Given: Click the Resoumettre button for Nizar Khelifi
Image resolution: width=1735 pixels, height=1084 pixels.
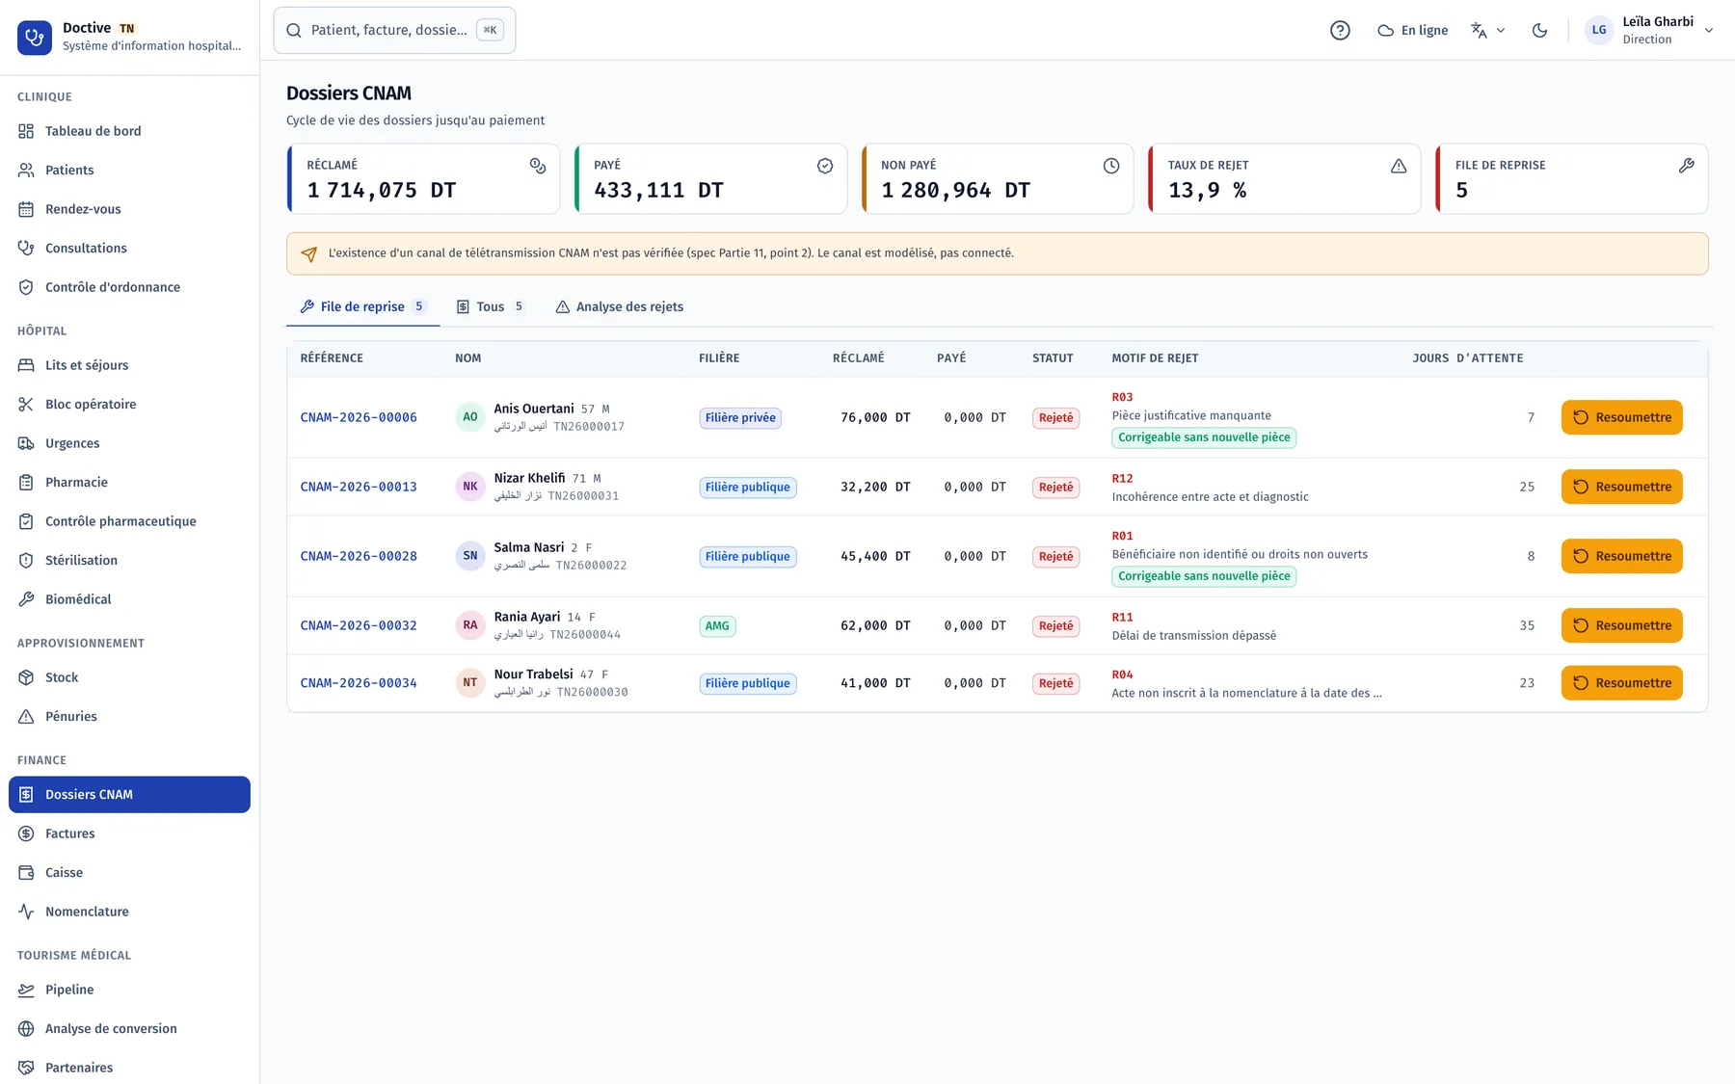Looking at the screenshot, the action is pyautogui.click(x=1621, y=487).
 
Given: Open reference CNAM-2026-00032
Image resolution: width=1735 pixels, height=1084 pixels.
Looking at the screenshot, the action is pyautogui.click(x=359, y=625).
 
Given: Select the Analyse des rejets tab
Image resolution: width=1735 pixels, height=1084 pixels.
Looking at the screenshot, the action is pyautogui.click(x=619, y=306).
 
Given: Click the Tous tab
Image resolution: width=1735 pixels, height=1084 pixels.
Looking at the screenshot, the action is pyautogui.click(x=490, y=306).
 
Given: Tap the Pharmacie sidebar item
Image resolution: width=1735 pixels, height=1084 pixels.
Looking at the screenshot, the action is pyautogui.click(x=76, y=482).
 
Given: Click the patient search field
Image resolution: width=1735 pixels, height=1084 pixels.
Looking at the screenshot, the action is pyautogui.click(x=394, y=30).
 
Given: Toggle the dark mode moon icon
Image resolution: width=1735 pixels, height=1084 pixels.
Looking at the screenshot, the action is pyautogui.click(x=1539, y=30).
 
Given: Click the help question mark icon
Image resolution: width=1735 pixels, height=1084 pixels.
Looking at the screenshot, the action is pyautogui.click(x=1340, y=30).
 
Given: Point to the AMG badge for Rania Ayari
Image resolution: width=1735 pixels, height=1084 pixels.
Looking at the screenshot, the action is pyautogui.click(x=717, y=625).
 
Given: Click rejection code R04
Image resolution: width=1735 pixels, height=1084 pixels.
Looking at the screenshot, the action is pyautogui.click(x=1122, y=674).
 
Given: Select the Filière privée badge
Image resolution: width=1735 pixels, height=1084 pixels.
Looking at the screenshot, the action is pyautogui.click(x=740, y=417).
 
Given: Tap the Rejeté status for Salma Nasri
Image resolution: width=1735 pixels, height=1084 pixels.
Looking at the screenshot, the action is pyautogui.click(x=1055, y=556).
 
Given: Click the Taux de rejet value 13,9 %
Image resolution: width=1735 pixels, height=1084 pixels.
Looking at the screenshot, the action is pyautogui.click(x=1207, y=191).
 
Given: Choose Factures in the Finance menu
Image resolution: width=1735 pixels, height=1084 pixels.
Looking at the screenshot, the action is pyautogui.click(x=69, y=833).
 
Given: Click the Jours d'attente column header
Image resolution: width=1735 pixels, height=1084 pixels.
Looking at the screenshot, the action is pyautogui.click(x=1468, y=357).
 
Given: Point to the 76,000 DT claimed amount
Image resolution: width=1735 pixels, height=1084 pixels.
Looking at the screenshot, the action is pyautogui.click(x=875, y=417).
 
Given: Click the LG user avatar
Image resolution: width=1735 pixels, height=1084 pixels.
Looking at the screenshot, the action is pyautogui.click(x=1599, y=30).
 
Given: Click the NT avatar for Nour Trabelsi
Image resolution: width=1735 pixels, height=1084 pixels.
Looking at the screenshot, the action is pyautogui.click(x=470, y=682).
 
